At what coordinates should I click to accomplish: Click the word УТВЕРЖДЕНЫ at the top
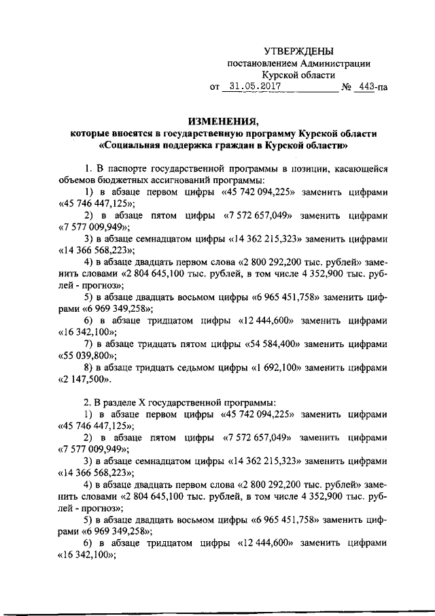(299, 51)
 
